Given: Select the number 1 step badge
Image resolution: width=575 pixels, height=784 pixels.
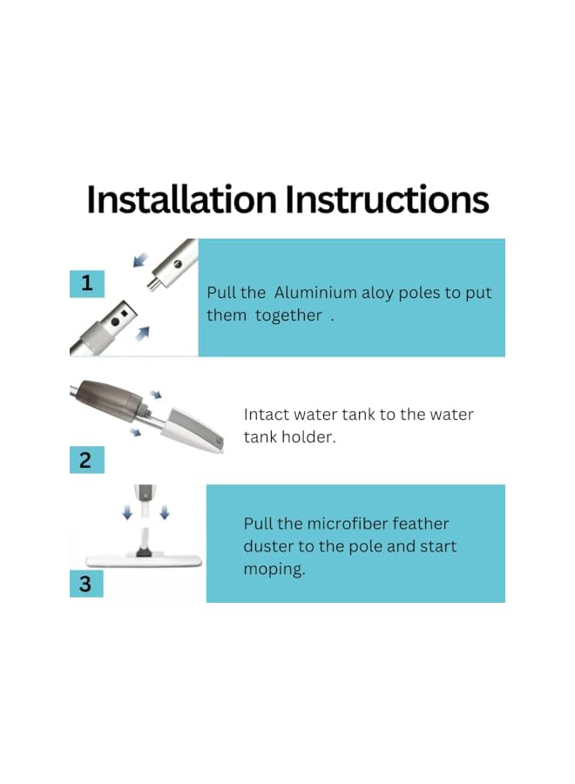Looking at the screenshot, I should point(86,283).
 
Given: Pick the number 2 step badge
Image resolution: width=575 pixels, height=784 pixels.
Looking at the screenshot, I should point(86,459).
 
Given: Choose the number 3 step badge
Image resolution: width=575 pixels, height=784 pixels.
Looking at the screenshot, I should point(86,583).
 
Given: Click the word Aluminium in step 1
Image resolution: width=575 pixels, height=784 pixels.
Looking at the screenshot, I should point(317,293).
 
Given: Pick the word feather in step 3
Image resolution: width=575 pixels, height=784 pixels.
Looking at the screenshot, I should point(421,524).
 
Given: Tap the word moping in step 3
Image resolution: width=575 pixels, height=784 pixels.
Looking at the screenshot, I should point(274,570).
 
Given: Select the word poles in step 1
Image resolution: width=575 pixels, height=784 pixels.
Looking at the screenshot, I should point(423,293).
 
